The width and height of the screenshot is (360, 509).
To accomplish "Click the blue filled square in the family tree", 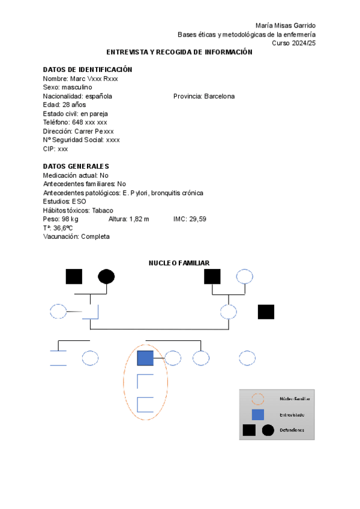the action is click(145, 358).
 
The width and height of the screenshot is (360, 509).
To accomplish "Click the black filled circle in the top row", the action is click(106, 276).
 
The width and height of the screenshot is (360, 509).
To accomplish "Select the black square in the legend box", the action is click(249, 430).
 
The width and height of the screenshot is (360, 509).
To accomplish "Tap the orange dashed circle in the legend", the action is click(257, 399).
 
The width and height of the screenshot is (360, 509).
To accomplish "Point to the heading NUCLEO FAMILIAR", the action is click(179, 263).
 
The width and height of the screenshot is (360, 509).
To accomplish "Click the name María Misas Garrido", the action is click(285, 25).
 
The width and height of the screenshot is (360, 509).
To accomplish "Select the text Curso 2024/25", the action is click(293, 43).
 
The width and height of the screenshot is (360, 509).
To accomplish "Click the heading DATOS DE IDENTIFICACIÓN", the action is click(88, 70).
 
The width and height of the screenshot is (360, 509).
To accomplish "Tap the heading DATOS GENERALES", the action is click(76, 166).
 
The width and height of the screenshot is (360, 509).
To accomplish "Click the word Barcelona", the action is click(219, 96).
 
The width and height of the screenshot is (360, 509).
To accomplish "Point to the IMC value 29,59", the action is click(197, 219).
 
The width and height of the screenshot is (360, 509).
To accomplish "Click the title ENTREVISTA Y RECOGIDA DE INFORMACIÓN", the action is click(179, 52).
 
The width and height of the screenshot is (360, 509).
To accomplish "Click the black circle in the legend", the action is click(268, 430).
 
